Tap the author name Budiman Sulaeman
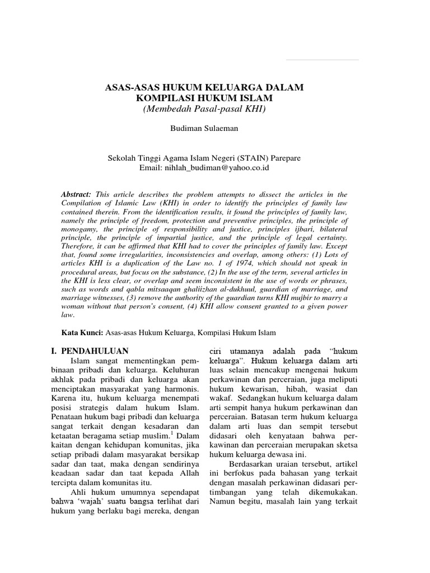204,129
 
